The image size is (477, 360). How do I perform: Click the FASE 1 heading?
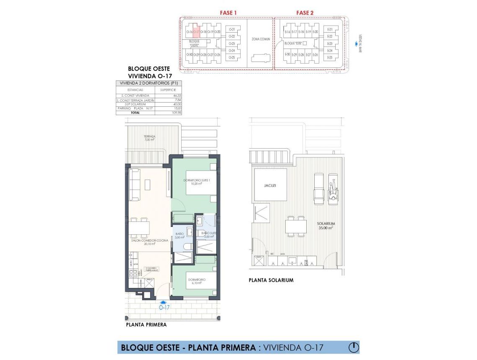click(228, 13)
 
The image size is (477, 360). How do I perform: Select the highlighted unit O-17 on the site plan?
click(195, 31)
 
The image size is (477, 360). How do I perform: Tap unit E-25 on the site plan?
click(330, 57)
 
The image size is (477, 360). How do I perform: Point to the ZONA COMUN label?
click(260, 39)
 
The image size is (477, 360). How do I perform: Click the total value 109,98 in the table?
click(178, 113)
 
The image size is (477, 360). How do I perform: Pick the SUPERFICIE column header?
click(168, 90)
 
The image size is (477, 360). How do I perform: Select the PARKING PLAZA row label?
click(131, 108)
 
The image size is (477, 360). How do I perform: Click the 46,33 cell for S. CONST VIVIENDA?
click(178, 96)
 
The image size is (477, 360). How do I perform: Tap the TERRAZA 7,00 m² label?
click(149, 138)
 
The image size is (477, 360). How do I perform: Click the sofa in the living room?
click(134, 185)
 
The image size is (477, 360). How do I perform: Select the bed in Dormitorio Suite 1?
click(201, 183)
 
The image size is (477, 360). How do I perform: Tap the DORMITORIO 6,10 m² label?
click(195, 281)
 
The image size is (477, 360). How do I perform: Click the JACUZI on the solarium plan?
click(270, 185)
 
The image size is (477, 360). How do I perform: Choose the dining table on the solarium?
click(296, 226)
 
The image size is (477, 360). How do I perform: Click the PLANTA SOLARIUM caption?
click(271, 280)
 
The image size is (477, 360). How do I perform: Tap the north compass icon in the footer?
click(354, 347)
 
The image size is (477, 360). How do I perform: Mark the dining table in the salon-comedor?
click(138, 228)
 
